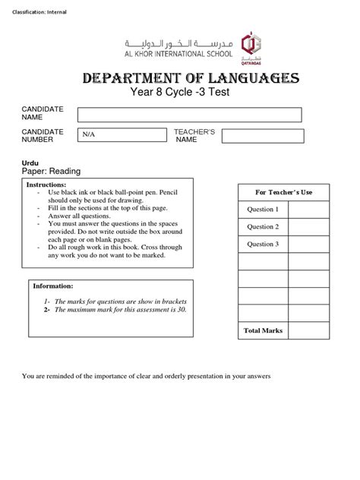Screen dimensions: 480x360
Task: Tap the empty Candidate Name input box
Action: (x=189, y=115)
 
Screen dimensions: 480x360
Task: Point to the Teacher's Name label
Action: (x=195, y=135)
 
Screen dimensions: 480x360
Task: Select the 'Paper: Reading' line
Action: (x=51, y=172)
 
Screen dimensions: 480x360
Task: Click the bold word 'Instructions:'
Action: (x=47, y=185)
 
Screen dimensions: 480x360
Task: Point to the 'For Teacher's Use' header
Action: (x=283, y=192)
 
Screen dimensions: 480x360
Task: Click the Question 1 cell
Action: (x=263, y=210)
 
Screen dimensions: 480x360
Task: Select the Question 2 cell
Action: (x=263, y=227)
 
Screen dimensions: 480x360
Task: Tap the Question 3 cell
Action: (x=263, y=245)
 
